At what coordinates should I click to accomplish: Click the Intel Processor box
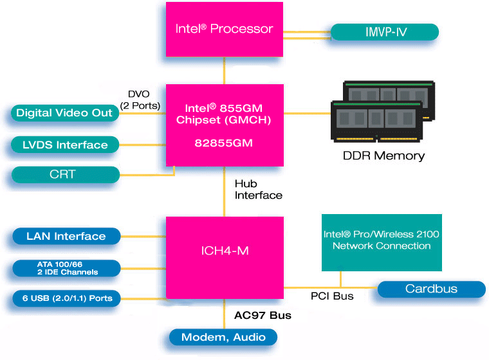[224, 30]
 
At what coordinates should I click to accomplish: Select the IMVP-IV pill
[384, 32]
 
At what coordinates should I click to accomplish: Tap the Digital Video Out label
[65, 113]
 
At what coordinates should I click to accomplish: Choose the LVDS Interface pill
[65, 145]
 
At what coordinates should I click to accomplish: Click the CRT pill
[65, 175]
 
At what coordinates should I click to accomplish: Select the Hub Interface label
[258, 189]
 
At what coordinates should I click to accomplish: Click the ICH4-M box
[224, 251]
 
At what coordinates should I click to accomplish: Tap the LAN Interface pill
[66, 236]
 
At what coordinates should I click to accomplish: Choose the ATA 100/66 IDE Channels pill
[66, 268]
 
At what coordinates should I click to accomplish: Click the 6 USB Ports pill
[66, 298]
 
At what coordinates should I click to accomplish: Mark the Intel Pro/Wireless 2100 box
[382, 241]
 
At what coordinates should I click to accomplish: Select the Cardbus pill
[431, 289]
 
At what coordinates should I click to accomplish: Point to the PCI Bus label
[332, 296]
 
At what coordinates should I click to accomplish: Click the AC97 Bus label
[263, 316]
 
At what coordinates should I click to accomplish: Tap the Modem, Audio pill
[223, 337]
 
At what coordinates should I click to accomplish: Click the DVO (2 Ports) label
[139, 100]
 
